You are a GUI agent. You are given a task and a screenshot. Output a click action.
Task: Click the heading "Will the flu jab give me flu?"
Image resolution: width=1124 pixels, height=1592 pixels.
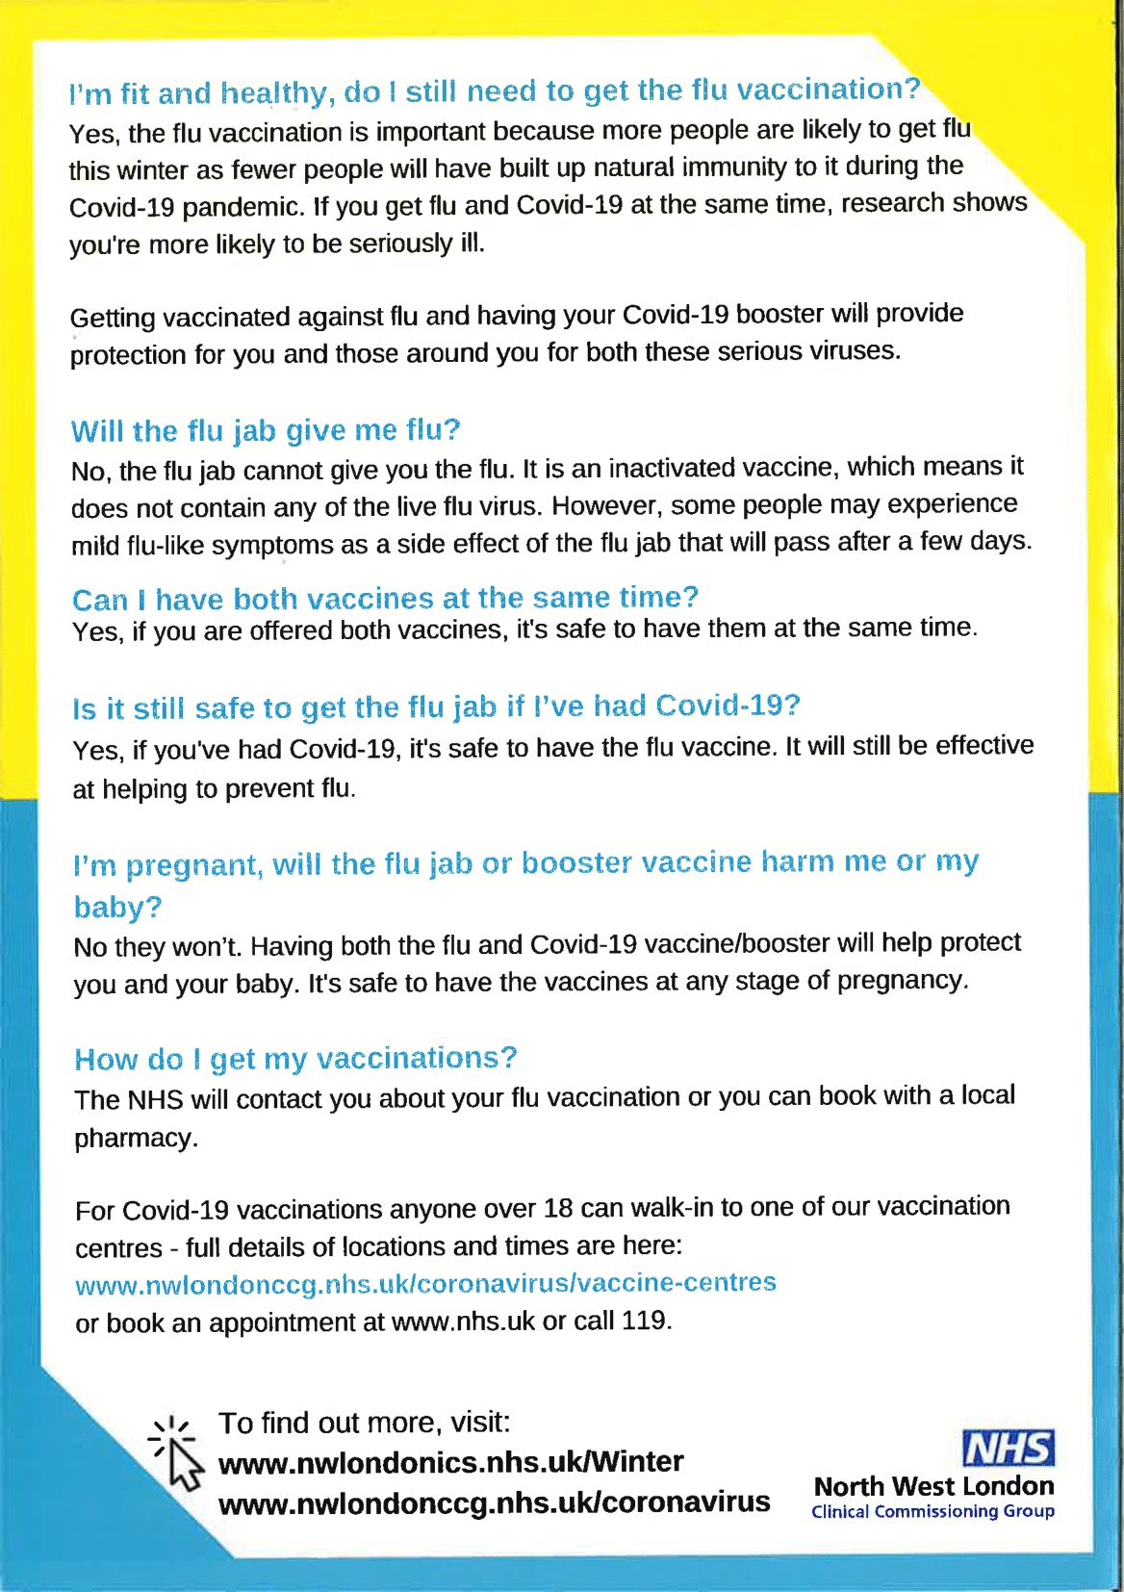pos(266,430)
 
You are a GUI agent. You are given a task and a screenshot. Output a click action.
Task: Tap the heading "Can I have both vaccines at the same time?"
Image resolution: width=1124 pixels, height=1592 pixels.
pos(385,599)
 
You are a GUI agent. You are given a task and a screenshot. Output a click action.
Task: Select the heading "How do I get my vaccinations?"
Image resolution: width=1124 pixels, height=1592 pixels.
pos(295,1059)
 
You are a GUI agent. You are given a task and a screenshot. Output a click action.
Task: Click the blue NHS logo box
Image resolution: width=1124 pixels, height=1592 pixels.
pos(1009,1449)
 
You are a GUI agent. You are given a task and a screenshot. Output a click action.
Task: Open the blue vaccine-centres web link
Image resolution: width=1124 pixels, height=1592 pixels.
pos(425,1284)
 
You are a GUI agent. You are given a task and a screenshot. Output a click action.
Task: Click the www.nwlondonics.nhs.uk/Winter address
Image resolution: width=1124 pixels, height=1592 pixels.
pos(450,1462)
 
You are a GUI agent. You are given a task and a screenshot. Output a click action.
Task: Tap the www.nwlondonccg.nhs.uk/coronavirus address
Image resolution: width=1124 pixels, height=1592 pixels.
pos(494,1502)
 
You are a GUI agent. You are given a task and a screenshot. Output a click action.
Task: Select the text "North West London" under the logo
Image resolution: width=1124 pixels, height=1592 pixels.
pos(933,1486)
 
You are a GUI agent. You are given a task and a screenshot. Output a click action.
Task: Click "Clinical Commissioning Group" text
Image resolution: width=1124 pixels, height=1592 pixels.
pos(932,1511)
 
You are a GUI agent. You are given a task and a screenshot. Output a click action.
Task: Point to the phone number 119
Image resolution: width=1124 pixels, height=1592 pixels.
pos(643,1321)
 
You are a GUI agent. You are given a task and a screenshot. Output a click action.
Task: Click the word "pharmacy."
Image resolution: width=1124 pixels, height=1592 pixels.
pos(137,1139)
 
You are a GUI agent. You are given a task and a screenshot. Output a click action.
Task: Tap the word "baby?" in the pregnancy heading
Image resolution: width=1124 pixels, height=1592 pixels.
pos(117,907)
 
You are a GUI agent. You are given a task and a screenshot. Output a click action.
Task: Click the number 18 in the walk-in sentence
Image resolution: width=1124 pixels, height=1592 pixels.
pos(557,1208)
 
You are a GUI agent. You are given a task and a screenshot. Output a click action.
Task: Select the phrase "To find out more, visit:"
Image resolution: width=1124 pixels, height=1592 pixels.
pos(365,1423)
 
